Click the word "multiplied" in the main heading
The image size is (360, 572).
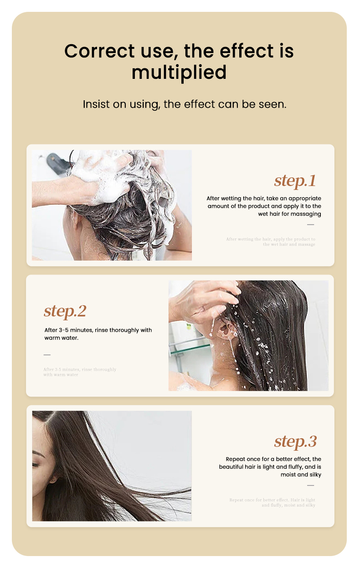[x=179, y=72]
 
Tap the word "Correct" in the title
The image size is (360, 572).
[x=93, y=51]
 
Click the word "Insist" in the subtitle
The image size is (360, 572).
[x=96, y=104]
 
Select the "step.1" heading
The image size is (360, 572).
[x=295, y=180]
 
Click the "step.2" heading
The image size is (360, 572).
[x=65, y=311]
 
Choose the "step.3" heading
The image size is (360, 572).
[x=295, y=441]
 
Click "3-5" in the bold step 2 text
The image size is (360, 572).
[x=65, y=330]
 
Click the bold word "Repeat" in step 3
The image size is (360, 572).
[x=236, y=459]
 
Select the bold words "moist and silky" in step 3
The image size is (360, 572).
[x=301, y=474]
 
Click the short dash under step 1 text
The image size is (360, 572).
[x=310, y=225]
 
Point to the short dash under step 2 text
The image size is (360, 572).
[x=47, y=355]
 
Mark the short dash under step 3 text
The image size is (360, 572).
[x=310, y=485]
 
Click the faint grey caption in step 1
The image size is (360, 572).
[x=271, y=242]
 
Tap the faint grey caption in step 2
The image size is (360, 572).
[x=80, y=372]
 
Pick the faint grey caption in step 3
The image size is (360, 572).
[x=272, y=502]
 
